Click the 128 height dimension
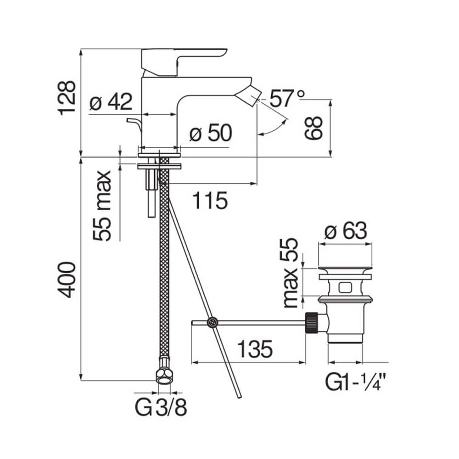click(67, 98)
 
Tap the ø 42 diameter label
click(111, 101)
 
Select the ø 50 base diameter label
click(211, 133)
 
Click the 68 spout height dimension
click(313, 128)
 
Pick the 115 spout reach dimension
click(210, 201)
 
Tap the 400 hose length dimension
click(67, 280)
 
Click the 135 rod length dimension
click(255, 349)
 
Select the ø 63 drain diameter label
click(346, 230)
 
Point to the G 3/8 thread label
click(161, 407)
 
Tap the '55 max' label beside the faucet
click(102, 206)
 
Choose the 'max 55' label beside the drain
click(291, 273)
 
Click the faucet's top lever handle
click(184, 62)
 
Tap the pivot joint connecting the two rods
click(212, 322)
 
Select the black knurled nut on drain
click(312, 323)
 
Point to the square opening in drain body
click(346, 287)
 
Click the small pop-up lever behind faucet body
click(134, 123)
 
